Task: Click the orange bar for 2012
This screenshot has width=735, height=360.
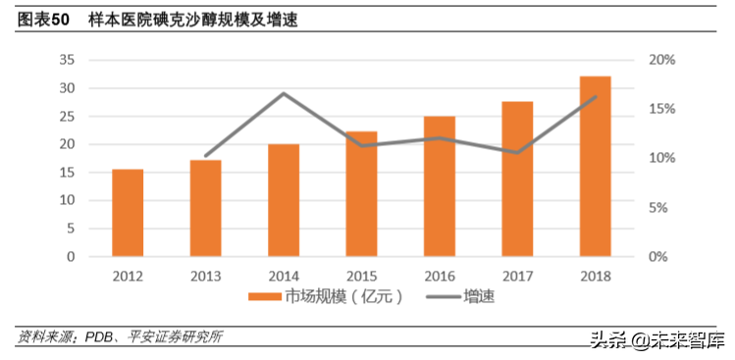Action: point(128,213)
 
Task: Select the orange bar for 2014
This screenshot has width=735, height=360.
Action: point(284,200)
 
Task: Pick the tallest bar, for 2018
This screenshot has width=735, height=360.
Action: point(595,167)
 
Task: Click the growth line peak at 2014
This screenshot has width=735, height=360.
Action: point(284,94)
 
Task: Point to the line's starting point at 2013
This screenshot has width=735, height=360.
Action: point(205,156)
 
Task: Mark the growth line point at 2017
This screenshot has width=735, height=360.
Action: point(517,153)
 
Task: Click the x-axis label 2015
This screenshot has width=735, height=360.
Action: point(361,276)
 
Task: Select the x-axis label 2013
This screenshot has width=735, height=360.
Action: point(205,276)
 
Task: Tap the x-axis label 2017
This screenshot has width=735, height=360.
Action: point(517,276)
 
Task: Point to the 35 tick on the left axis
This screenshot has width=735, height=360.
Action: point(67,60)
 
